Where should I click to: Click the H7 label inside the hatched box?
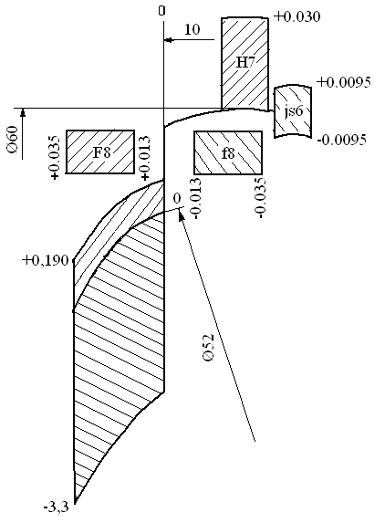[x=245, y=62]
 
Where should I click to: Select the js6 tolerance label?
[x=294, y=111]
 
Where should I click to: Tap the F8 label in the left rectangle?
[x=101, y=152]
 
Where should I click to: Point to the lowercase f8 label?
[x=228, y=153]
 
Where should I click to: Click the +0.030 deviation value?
[x=297, y=16]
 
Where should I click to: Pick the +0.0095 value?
[x=344, y=82]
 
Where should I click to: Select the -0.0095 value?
[x=342, y=140]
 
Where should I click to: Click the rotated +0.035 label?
[x=55, y=157]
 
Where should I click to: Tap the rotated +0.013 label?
[x=145, y=158]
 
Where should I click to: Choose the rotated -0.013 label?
[x=197, y=198]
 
